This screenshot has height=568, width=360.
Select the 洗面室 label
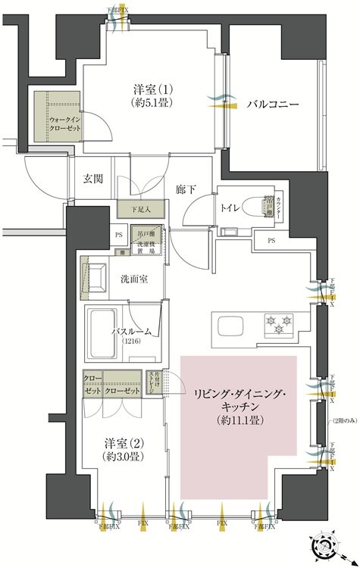click(133, 278)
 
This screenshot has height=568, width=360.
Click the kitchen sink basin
click(230, 326)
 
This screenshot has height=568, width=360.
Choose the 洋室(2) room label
click(122, 445)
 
